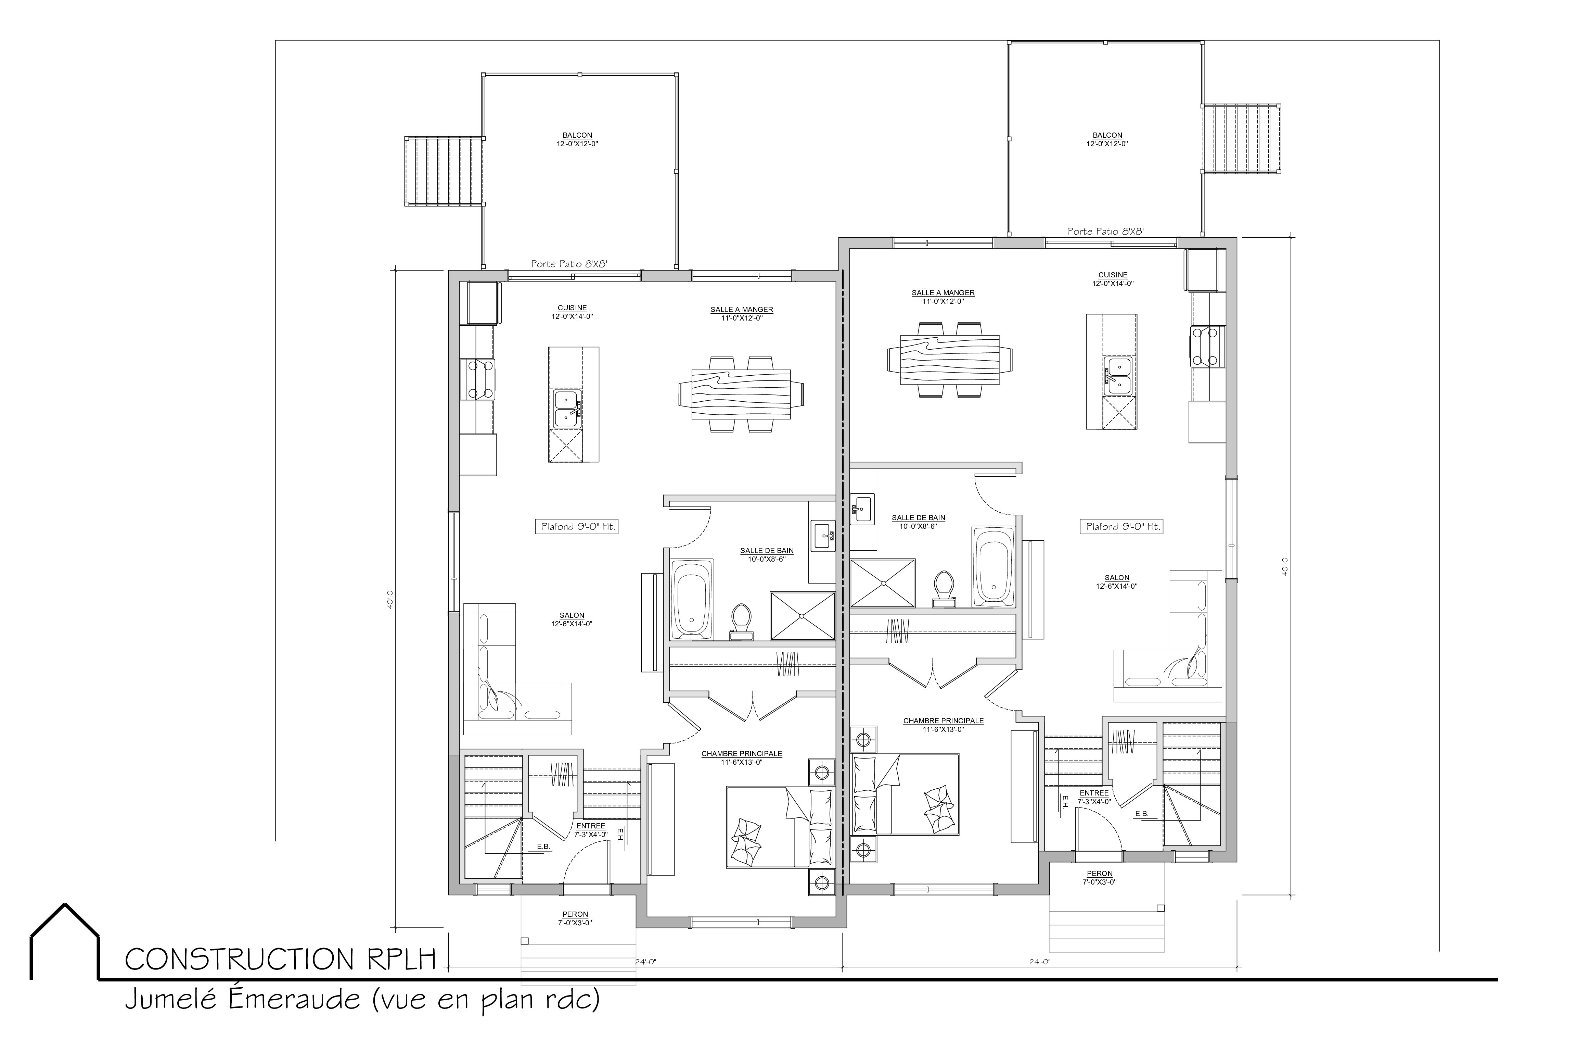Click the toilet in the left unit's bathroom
[741, 621]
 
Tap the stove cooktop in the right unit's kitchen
[1207, 346]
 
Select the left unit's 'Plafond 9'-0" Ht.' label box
[576, 527]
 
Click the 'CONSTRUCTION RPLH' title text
[280, 960]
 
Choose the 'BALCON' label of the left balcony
[577, 136]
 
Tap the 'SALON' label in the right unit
[1117, 578]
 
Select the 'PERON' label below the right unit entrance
[1100, 874]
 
